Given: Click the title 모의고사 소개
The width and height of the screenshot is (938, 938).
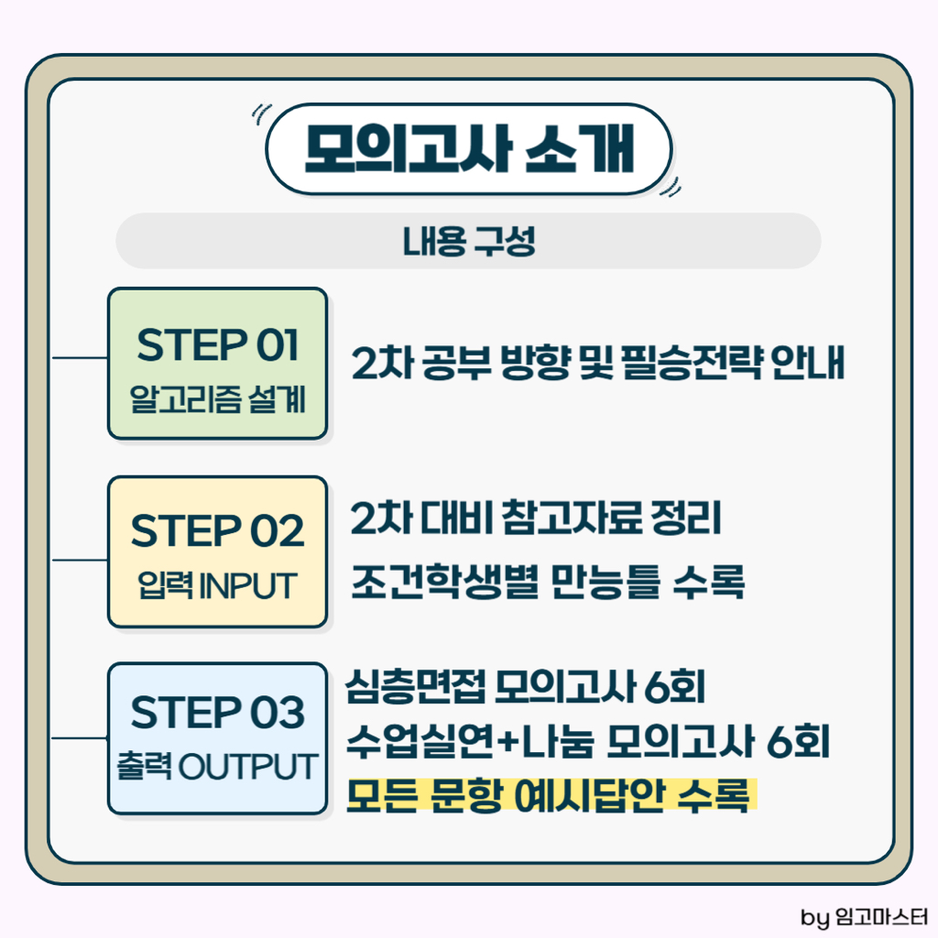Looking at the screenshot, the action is click(469, 149).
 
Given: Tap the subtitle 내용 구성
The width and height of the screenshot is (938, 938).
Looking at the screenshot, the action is click(469, 241).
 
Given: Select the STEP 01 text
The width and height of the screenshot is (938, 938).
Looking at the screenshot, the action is click(218, 345).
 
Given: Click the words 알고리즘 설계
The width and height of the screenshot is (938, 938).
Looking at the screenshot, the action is click(218, 399).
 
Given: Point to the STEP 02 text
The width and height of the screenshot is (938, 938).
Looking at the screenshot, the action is click(218, 530).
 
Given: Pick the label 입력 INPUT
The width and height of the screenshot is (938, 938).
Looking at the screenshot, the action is click(218, 585).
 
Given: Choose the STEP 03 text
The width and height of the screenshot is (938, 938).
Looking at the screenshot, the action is click(218, 712).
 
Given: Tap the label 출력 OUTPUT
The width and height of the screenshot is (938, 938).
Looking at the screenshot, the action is click(218, 767).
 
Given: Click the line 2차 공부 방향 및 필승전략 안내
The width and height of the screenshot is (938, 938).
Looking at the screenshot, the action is click(597, 363).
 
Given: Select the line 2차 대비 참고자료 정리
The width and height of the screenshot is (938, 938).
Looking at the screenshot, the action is click(536, 518).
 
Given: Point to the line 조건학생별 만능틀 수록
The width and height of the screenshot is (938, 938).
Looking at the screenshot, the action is click(548, 582).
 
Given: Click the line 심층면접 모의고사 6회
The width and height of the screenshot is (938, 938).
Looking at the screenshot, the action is click(526, 687).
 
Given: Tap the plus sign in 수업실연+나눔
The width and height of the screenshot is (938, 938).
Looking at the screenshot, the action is click(507, 742).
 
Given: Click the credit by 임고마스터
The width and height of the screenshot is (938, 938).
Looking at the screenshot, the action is click(864, 916).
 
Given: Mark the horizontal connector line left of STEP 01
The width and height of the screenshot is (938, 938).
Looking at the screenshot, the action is click(81, 358).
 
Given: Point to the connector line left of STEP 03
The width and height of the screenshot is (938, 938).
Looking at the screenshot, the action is click(81, 738).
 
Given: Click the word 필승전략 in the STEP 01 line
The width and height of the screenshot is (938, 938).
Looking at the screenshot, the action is click(693, 363).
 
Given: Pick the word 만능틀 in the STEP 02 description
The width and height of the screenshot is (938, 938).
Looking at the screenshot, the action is click(605, 582).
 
